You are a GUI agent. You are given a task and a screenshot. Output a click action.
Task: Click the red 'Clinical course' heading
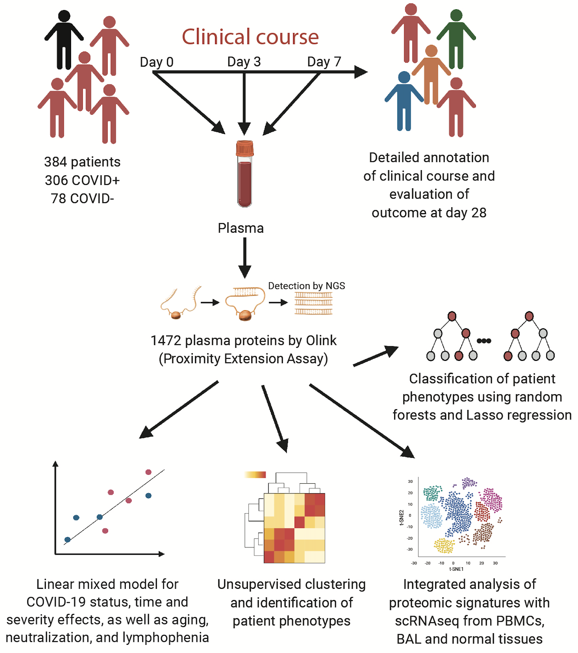coord(250,37)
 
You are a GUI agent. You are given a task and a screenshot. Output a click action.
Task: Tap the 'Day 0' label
coord(157,62)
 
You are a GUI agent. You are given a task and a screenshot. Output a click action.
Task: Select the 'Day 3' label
coord(244,62)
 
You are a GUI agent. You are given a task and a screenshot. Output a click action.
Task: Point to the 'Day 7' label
coord(324,62)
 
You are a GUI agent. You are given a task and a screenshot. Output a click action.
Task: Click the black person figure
coord(64,41)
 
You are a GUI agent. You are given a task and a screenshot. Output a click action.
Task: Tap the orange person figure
coord(431,74)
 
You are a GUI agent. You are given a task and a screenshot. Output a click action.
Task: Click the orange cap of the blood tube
coord(245,148)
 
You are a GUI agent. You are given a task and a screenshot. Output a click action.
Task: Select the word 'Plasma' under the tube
coord(241,228)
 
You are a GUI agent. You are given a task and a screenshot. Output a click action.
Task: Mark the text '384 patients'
coord(82,162)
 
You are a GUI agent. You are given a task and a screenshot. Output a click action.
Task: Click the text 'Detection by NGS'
coord(306,286)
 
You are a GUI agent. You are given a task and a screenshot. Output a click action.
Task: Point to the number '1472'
coord(166,341)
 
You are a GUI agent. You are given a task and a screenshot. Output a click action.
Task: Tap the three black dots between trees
coord(484,341)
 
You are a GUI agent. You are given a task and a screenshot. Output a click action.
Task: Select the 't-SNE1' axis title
coord(456,569)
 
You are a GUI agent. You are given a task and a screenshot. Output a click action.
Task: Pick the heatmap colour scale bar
coord(255,474)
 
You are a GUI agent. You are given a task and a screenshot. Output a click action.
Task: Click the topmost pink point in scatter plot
coord(148,472)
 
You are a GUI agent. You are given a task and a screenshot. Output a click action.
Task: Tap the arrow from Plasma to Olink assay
coord(245,258)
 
